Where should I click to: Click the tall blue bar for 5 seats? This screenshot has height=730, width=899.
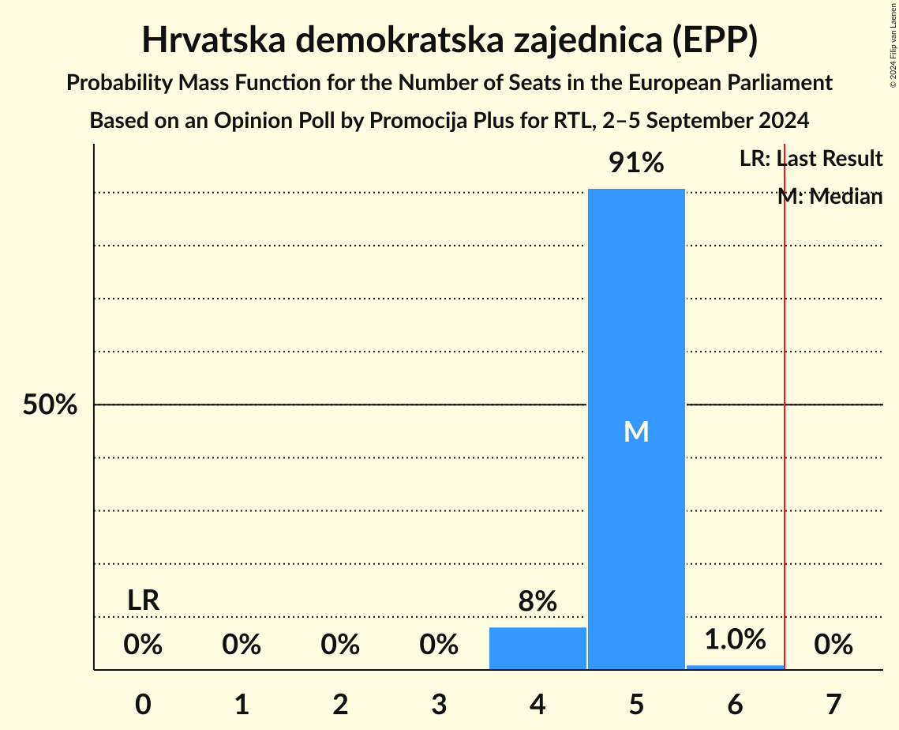click(x=636, y=316)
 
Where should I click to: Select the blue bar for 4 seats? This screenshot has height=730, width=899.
click(x=538, y=649)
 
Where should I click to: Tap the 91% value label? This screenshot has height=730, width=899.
click(x=636, y=163)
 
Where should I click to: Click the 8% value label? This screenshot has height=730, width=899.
click(x=538, y=602)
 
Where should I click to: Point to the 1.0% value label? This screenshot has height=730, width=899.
click(x=735, y=639)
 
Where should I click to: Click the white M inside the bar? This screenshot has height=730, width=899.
click(x=636, y=431)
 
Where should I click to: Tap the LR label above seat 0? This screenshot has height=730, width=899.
click(x=144, y=600)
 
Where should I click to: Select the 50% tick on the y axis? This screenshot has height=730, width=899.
click(x=49, y=405)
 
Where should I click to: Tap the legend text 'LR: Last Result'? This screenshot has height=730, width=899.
click(x=811, y=159)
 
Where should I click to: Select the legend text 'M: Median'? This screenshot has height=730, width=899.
click(x=830, y=197)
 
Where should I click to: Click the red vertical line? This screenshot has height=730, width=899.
click(x=785, y=474)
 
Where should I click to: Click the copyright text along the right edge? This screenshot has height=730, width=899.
click(x=892, y=47)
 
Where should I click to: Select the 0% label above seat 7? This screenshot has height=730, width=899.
click(x=833, y=645)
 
